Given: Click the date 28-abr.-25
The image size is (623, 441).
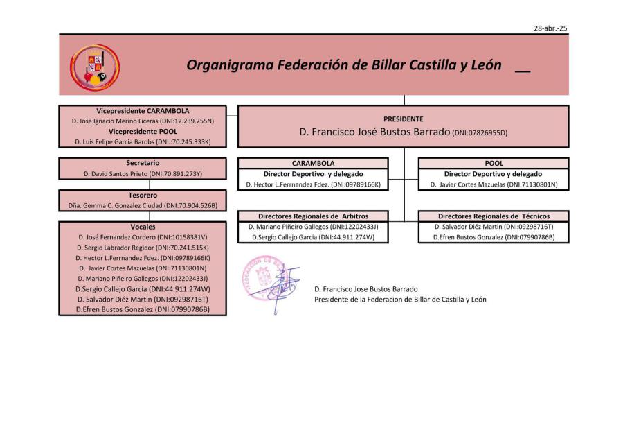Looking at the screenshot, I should [x=550, y=28].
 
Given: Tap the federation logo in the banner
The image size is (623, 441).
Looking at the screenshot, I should [x=95, y=67].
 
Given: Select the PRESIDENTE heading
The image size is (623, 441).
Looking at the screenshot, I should [x=403, y=119].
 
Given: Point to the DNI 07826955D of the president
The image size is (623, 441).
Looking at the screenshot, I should [x=480, y=132].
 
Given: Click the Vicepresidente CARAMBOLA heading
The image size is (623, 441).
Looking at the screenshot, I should [x=143, y=110].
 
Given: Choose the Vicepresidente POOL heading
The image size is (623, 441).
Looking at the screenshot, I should [x=143, y=131].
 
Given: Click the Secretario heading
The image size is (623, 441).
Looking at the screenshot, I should [x=143, y=163].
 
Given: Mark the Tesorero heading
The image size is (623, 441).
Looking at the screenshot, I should [x=143, y=196].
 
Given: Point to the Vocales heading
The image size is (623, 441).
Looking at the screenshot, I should [x=143, y=227].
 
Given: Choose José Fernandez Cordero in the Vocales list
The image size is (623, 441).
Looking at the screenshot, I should [x=117, y=237].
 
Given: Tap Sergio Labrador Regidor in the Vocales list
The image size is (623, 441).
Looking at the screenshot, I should [x=116, y=248].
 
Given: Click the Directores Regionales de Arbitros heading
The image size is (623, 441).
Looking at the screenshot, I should [x=313, y=216].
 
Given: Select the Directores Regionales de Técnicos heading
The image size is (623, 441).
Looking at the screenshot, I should [x=494, y=216].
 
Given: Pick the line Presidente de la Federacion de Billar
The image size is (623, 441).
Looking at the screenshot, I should [x=400, y=300].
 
